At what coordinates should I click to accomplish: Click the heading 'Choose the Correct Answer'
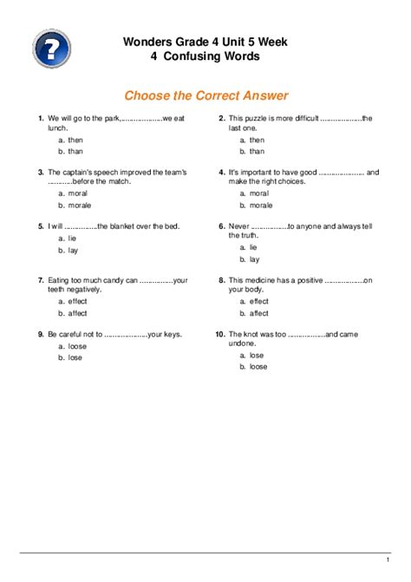pos(205,95)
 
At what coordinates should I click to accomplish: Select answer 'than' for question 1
pos(75,152)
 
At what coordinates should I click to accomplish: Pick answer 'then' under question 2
pos(257,140)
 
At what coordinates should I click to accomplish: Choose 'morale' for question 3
pos(80,206)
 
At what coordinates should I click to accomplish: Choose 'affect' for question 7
pos(78,313)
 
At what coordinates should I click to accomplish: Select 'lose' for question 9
pos(75,357)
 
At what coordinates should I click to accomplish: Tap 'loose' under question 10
pos(258,367)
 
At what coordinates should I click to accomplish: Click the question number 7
pos(41,280)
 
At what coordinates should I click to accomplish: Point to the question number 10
pos(220,333)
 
